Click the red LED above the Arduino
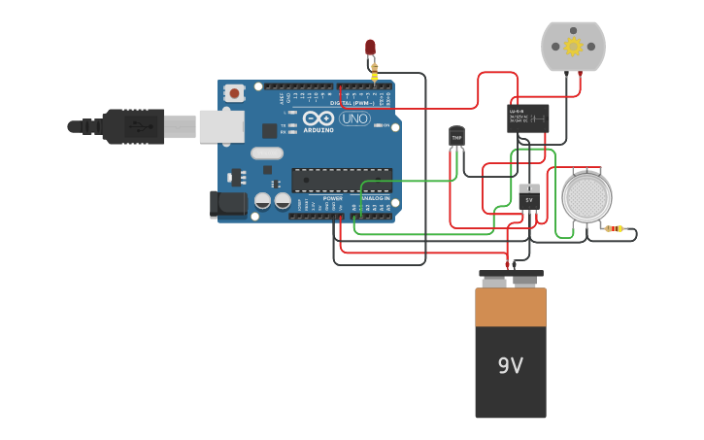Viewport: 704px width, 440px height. [x=370, y=47]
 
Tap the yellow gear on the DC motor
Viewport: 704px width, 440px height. [x=573, y=47]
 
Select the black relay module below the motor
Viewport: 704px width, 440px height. [x=527, y=117]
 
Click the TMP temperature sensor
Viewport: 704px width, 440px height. [x=456, y=137]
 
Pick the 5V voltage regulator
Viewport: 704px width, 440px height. [x=529, y=197]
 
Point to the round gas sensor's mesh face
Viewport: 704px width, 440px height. [x=587, y=197]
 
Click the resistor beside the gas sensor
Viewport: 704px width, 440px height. [x=615, y=229]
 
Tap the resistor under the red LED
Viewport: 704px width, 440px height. [x=374, y=71]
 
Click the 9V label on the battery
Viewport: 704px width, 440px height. [x=510, y=366]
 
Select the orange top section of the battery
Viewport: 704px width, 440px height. [x=510, y=306]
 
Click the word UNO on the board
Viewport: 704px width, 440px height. [x=354, y=118]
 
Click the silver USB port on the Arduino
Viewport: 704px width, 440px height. [x=221, y=126]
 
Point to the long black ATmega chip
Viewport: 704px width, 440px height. [x=342, y=180]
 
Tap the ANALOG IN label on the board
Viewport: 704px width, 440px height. [x=375, y=198]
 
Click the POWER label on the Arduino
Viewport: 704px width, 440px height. [x=332, y=198]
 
